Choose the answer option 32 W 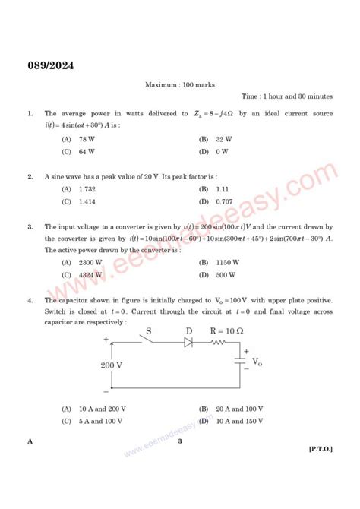pyautogui.click(x=222, y=140)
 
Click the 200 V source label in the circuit pyautogui.click(x=112, y=365)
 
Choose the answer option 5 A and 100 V pyautogui.click(x=102, y=420)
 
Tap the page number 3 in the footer pyautogui.click(x=180, y=441)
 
